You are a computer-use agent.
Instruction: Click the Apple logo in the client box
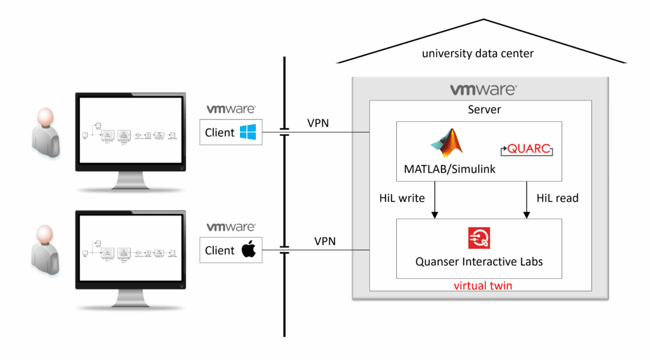click(248, 250)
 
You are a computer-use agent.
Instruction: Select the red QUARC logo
click(527, 150)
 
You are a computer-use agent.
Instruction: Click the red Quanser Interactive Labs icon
click(479, 238)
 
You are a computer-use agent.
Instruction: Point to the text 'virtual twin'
click(482, 286)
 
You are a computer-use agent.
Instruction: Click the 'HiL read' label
click(557, 198)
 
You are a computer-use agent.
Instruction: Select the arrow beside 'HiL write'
click(435, 200)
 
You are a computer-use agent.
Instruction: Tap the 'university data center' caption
click(478, 54)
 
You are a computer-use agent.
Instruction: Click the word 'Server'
click(484, 110)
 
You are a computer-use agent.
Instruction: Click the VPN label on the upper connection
click(318, 123)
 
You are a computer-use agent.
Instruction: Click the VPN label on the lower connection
click(325, 241)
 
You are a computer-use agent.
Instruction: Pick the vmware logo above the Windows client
click(230, 109)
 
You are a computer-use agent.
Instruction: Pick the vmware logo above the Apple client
click(230, 227)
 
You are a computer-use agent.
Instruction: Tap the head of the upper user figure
click(44, 119)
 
